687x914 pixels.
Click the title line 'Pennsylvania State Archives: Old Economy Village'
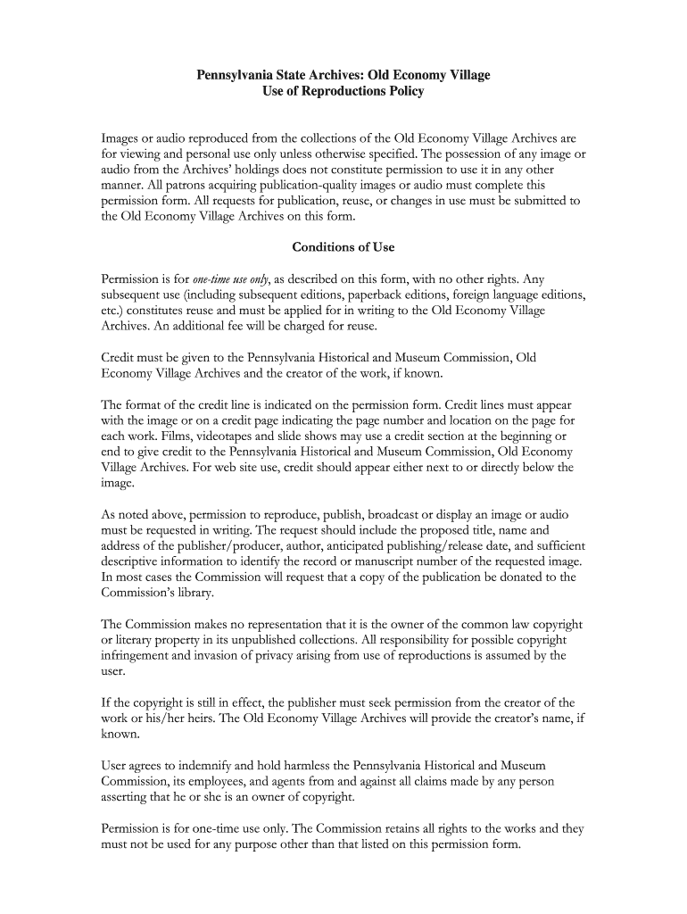(x=343, y=75)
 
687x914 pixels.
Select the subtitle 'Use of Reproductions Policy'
(x=343, y=92)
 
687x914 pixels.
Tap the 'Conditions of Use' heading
(x=343, y=247)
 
